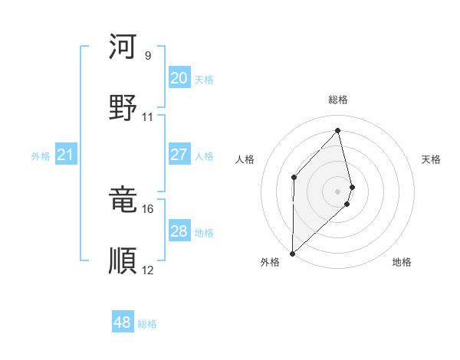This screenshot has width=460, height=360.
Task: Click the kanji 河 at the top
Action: point(123,47)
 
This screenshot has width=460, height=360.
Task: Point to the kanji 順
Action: point(123,260)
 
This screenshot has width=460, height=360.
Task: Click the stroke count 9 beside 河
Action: point(148,56)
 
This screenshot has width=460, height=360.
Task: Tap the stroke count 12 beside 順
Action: point(148,270)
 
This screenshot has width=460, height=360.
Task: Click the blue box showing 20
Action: point(179,78)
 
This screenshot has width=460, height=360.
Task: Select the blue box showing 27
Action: point(179,155)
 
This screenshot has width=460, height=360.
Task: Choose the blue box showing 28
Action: point(179,231)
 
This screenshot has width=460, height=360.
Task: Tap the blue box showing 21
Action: point(66,155)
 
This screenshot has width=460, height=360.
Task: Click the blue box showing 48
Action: point(122,322)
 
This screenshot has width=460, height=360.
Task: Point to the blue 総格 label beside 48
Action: point(147,324)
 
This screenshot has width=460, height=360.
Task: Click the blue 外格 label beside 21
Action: point(41,156)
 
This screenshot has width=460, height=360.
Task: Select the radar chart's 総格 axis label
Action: point(338,100)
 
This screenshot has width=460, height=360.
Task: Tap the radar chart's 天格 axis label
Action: point(432,159)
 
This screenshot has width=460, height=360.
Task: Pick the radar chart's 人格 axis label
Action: point(245,159)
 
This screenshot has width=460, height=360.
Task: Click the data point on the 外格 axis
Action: point(292,253)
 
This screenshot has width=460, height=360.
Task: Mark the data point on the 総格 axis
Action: point(338,131)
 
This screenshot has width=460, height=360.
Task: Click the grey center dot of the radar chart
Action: point(338,190)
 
